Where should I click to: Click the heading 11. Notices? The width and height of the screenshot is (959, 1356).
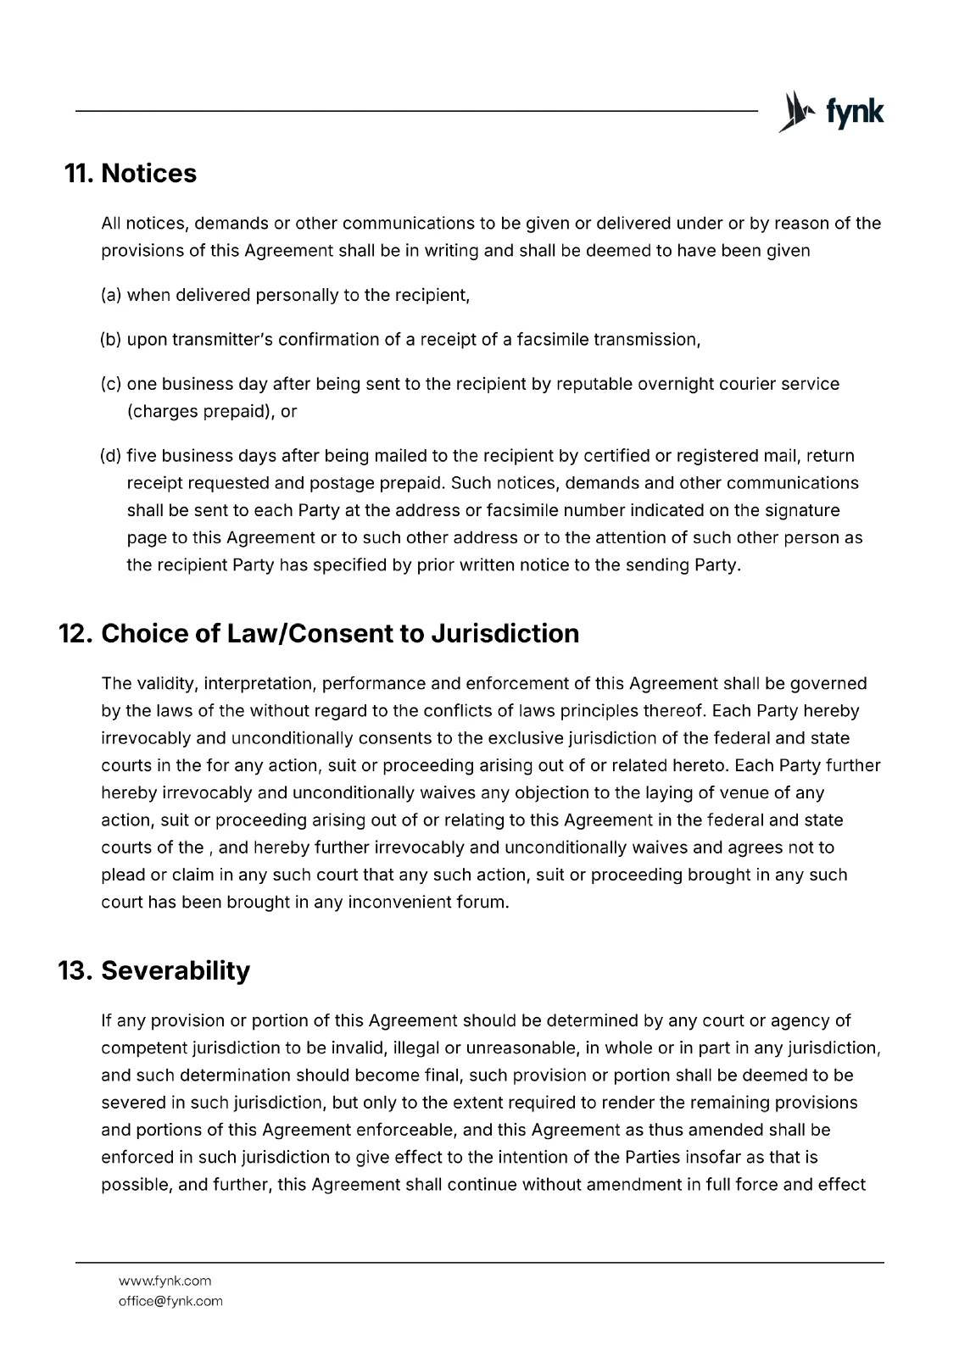pyautogui.click(x=131, y=174)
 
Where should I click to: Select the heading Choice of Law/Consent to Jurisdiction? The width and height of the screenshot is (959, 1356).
pyautogui.click(x=340, y=634)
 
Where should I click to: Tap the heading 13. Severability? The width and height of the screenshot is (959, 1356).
pyautogui.click(x=153, y=970)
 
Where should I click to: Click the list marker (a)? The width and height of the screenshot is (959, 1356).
pyautogui.click(x=111, y=296)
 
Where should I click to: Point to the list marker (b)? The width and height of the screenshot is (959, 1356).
pyautogui.click(x=111, y=340)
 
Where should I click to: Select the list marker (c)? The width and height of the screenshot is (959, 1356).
pyautogui.click(x=111, y=384)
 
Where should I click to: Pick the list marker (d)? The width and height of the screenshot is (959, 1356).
pyautogui.click(x=111, y=456)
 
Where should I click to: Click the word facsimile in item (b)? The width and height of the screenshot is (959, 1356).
pyautogui.click(x=552, y=340)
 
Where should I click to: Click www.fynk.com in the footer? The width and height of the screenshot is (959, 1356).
pyautogui.click(x=164, y=1281)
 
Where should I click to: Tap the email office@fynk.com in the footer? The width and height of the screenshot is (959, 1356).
pyautogui.click(x=170, y=1301)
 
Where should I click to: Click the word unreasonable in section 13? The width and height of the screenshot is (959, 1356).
pyautogui.click(x=521, y=1048)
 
